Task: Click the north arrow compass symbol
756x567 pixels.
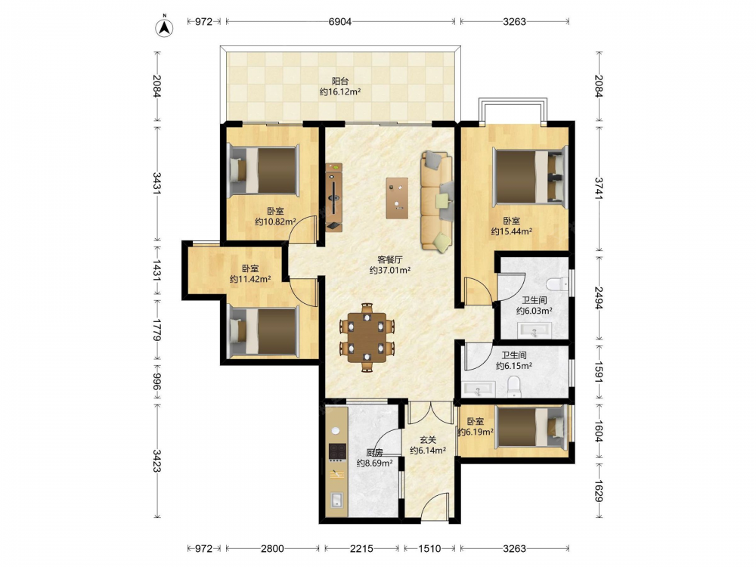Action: point(164,27)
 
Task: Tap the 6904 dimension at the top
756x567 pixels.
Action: point(340,21)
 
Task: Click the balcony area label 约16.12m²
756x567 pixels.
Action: point(340,91)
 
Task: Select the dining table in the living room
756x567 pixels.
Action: point(367,337)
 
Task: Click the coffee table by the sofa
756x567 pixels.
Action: point(397,198)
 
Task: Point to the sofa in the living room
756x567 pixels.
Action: point(437,201)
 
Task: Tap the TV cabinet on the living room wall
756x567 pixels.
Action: point(333,197)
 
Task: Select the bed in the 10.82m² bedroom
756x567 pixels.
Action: point(263,171)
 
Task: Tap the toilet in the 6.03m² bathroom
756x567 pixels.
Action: point(559,283)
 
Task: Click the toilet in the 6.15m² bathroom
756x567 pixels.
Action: point(514,387)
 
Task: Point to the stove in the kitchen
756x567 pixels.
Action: point(337,451)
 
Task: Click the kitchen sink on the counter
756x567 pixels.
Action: point(337,500)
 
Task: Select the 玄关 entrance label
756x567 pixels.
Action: point(428,440)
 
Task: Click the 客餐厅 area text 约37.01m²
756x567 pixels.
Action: point(390,271)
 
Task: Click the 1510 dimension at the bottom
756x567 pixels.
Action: point(429,548)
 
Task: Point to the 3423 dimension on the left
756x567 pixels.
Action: point(157,461)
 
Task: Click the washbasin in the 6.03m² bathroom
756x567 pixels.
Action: point(534,331)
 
